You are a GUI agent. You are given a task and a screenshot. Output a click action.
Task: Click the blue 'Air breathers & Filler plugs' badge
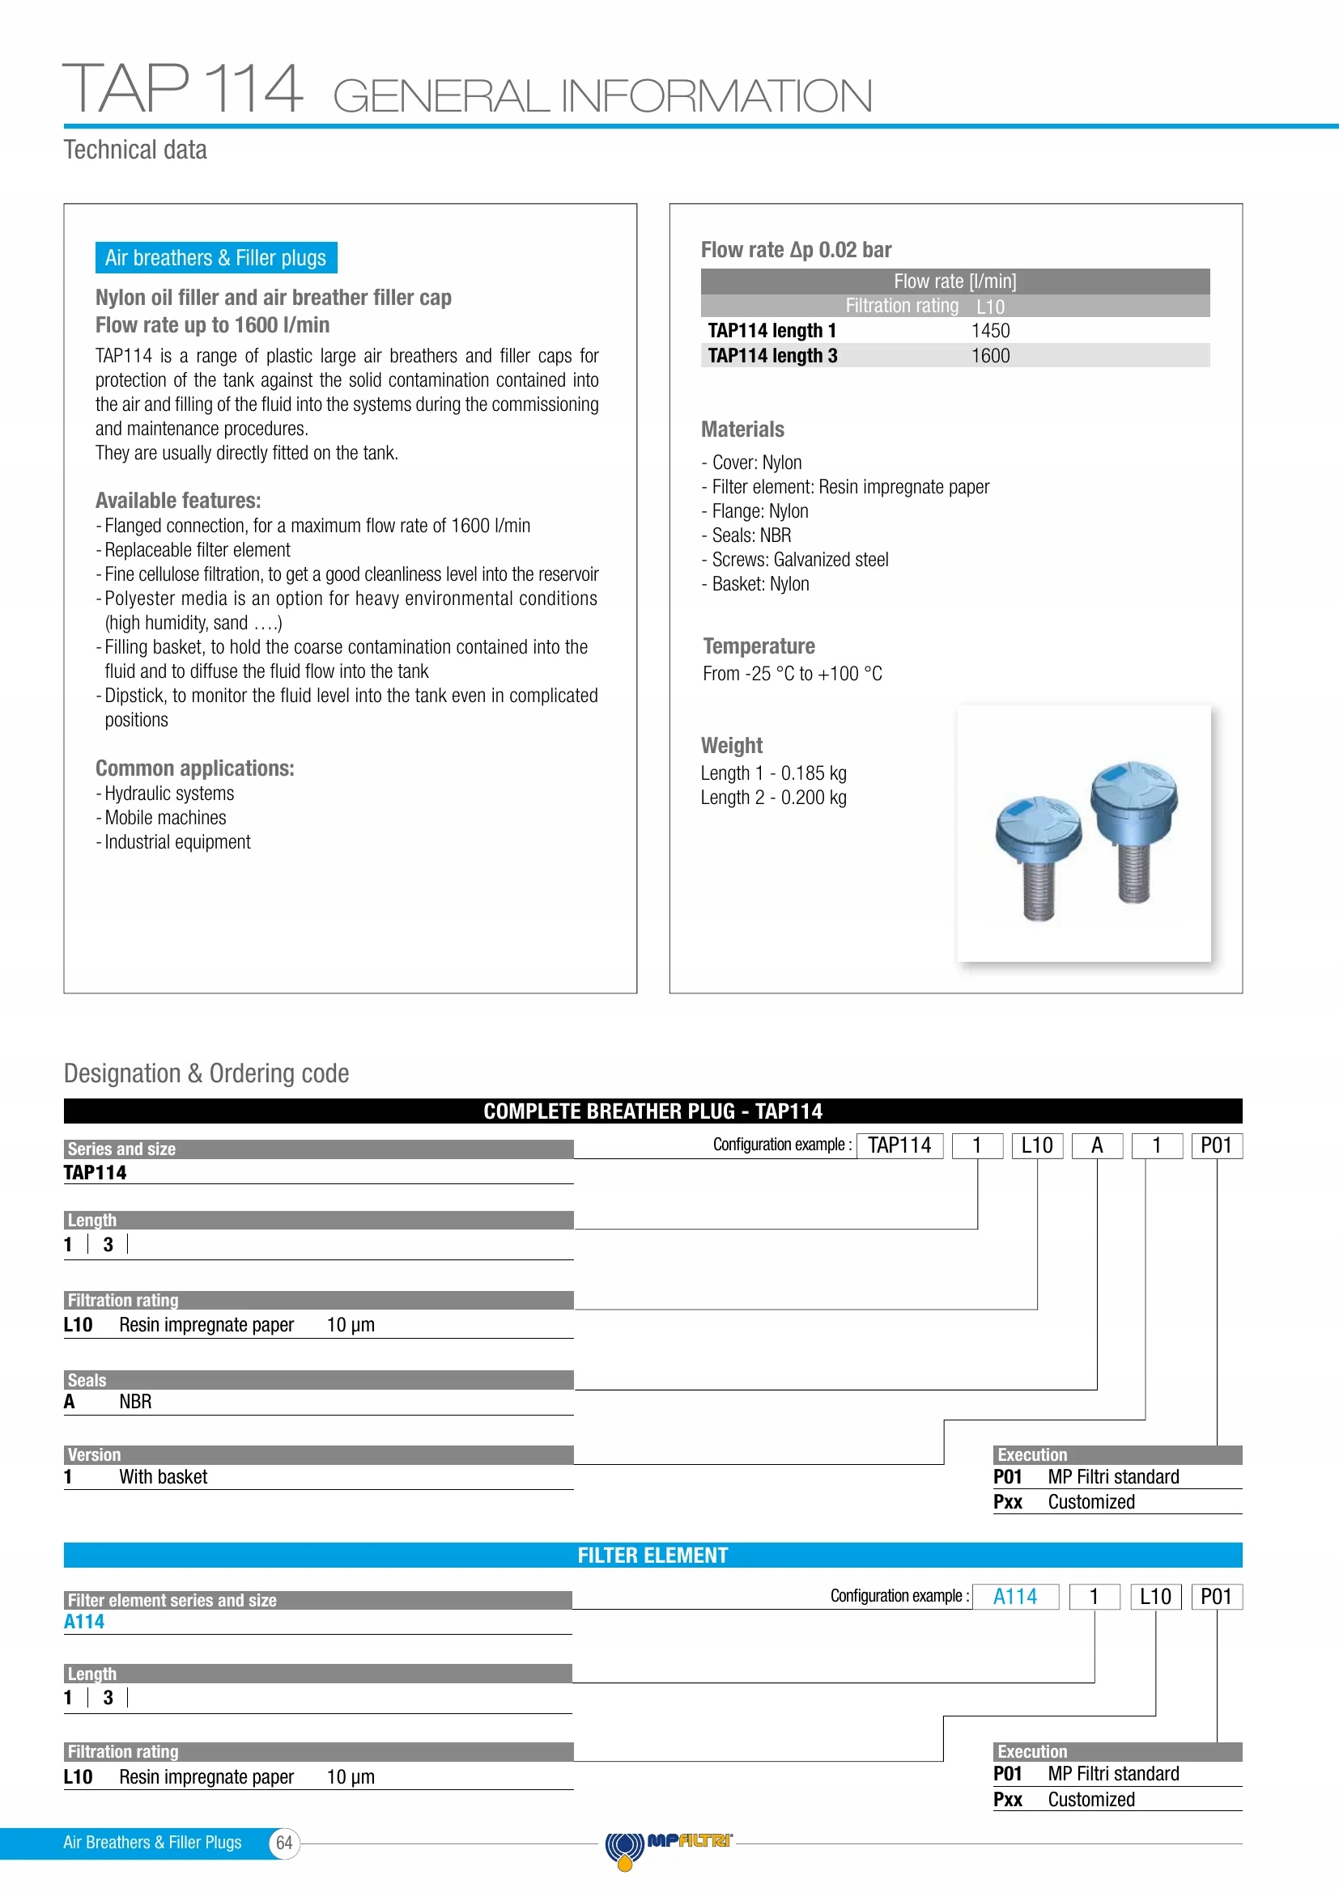(x=215, y=258)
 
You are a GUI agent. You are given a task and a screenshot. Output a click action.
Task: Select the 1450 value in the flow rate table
(x=989, y=331)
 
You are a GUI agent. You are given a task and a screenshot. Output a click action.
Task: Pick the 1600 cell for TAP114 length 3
(x=989, y=356)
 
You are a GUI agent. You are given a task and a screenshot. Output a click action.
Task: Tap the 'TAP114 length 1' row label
(x=772, y=331)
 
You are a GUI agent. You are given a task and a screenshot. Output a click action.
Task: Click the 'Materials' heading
(x=742, y=430)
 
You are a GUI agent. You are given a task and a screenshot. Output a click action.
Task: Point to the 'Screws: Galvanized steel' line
(x=799, y=560)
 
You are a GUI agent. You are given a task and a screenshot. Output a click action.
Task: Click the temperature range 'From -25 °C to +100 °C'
(x=792, y=673)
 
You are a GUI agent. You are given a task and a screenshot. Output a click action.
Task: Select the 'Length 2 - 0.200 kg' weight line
(x=773, y=798)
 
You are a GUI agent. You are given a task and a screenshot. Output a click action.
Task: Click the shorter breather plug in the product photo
(x=1038, y=857)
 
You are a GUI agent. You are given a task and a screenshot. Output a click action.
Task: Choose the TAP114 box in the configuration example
(x=899, y=1145)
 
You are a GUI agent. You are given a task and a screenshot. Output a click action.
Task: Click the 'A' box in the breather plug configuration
(x=1097, y=1145)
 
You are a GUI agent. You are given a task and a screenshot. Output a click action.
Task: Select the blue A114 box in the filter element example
(x=1015, y=1597)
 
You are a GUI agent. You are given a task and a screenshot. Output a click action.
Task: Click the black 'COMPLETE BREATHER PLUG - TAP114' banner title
(x=652, y=1111)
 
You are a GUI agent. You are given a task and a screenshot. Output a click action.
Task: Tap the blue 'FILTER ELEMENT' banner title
(x=652, y=1555)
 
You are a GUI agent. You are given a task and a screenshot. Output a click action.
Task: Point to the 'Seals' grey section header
(x=87, y=1380)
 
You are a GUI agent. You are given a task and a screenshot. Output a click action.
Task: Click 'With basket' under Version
(x=164, y=1477)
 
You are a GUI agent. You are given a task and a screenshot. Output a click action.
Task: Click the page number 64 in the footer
(x=284, y=1843)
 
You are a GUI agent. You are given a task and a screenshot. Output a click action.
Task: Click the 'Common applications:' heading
(x=194, y=768)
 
